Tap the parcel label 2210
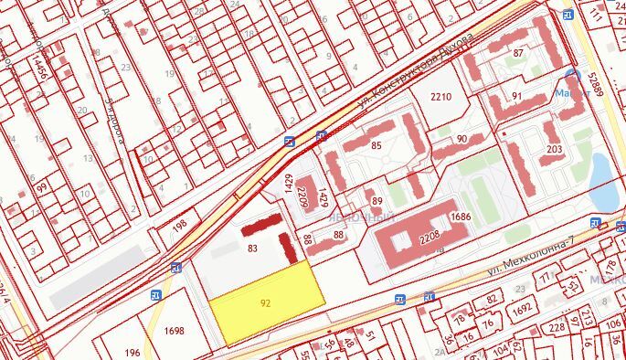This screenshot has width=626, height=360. pyautogui.click(x=441, y=97)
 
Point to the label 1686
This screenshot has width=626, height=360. pyautogui.click(x=459, y=217)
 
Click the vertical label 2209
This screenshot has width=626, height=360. pyautogui.click(x=302, y=194)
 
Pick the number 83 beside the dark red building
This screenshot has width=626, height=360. pyautogui.click(x=253, y=248)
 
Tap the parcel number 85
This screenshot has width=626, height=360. pyautogui.click(x=376, y=146)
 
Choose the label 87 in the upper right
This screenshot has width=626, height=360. pyautogui.click(x=519, y=54)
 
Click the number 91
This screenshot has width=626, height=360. pyautogui.click(x=516, y=96)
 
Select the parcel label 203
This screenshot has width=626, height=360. pyautogui.click(x=554, y=149)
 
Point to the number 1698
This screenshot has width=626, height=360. pyautogui.click(x=175, y=332)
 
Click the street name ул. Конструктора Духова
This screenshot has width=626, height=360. pyautogui.click(x=416, y=70)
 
